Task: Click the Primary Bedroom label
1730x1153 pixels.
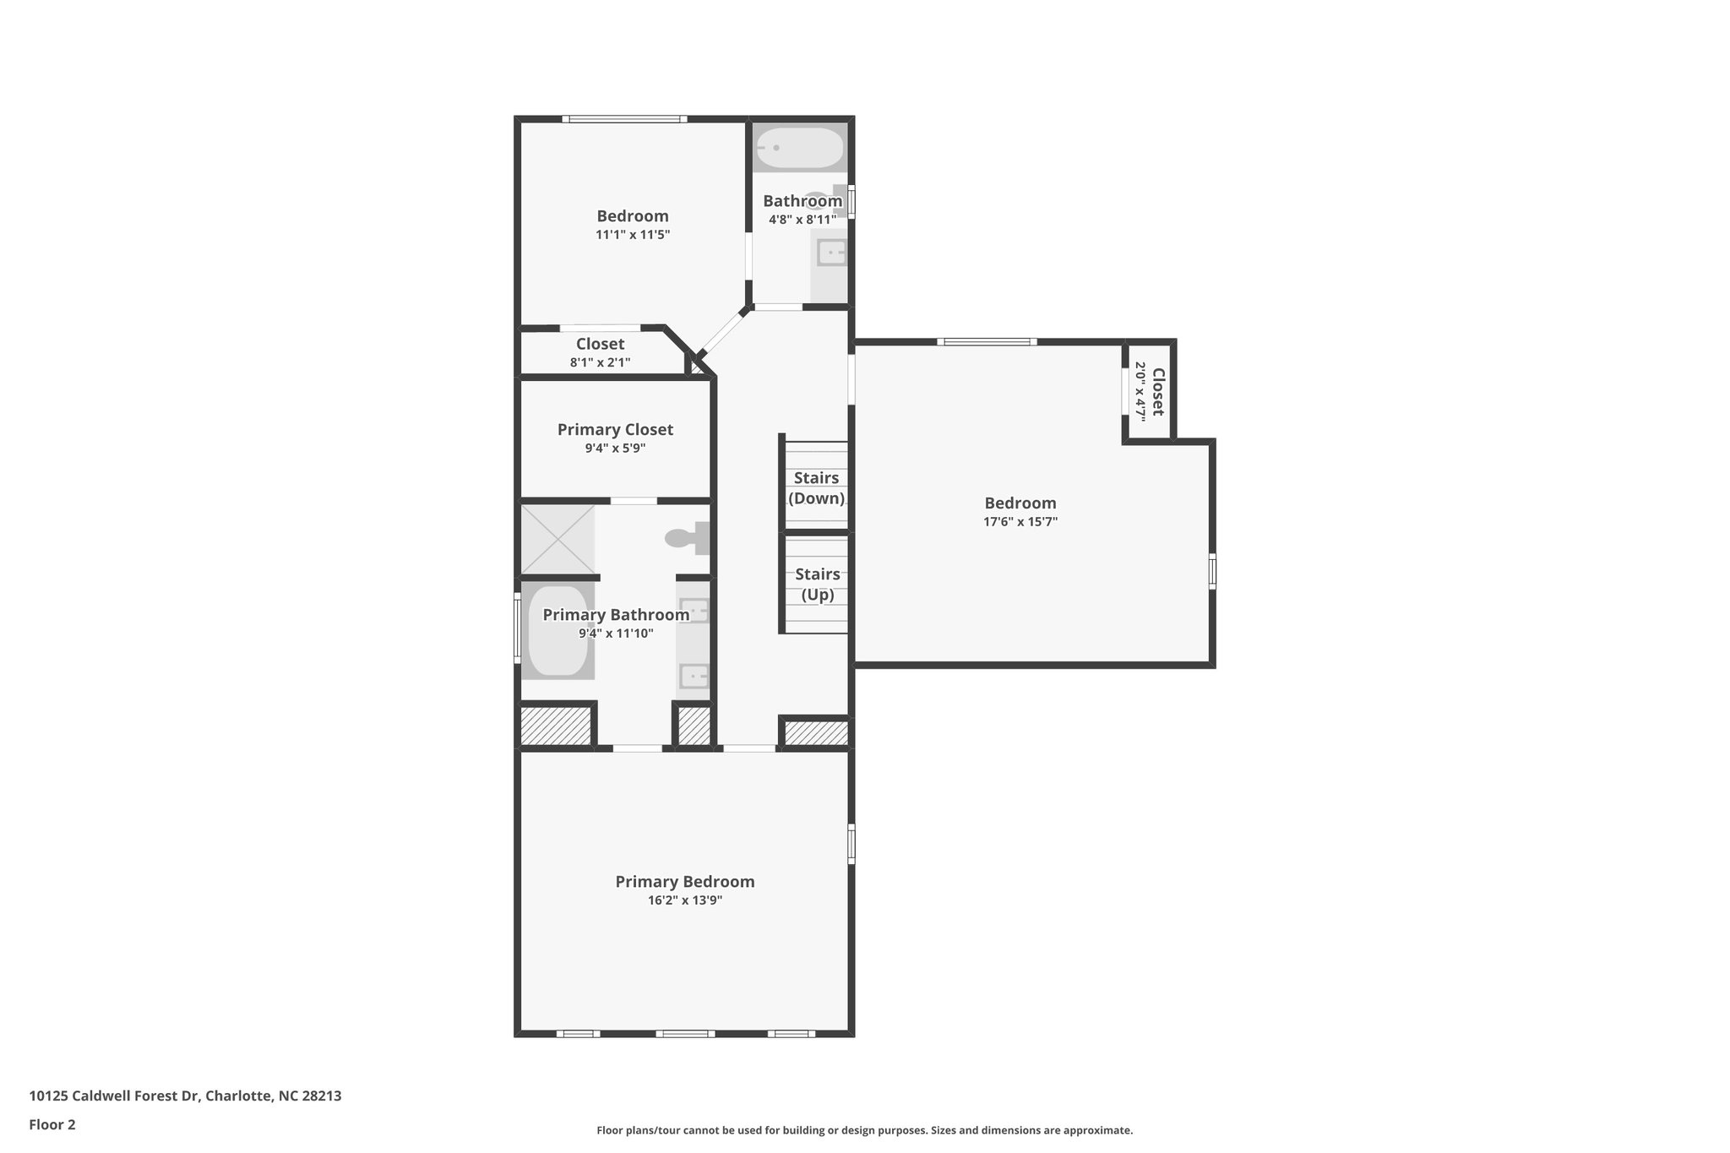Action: coord(684,882)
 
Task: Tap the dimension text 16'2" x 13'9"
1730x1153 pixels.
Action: coord(684,901)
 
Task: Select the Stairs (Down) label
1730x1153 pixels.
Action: coord(816,488)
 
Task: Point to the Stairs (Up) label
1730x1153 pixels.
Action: coord(817,585)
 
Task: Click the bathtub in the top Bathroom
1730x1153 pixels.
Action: coord(799,148)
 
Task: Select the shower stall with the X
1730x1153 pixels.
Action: coord(558,539)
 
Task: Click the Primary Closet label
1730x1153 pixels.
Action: coord(615,430)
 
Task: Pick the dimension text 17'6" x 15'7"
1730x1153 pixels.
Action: coord(1020,522)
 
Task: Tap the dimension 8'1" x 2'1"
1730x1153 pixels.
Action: coord(600,363)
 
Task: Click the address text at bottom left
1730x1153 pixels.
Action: coord(185,1096)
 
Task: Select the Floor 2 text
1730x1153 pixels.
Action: coord(52,1124)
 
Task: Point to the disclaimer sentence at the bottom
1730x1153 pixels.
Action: coord(864,1130)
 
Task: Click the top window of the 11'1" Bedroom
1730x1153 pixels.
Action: coord(625,119)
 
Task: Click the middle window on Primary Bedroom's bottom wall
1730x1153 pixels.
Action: coord(685,1033)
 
